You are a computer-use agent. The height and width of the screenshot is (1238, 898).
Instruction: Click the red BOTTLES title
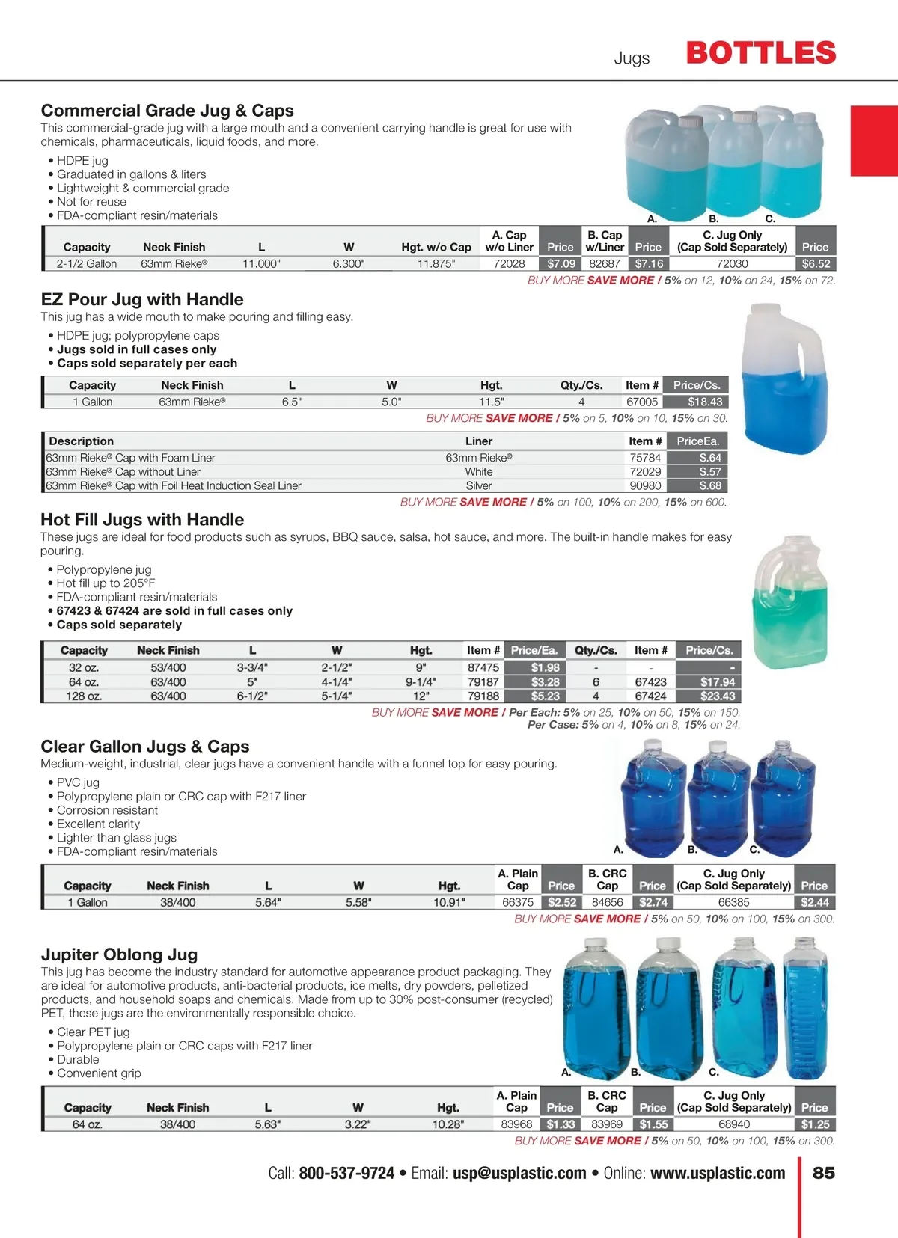(761, 53)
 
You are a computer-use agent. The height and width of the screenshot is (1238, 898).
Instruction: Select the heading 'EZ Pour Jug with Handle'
(142, 300)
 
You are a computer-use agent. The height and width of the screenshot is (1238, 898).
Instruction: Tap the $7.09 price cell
(561, 264)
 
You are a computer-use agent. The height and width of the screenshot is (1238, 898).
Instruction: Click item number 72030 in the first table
(732, 264)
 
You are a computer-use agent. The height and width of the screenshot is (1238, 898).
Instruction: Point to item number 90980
(645, 486)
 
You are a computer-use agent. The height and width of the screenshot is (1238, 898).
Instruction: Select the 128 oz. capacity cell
(84, 696)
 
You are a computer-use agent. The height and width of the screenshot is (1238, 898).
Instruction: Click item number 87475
(483, 668)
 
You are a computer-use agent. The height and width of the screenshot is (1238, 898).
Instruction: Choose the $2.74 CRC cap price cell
(653, 903)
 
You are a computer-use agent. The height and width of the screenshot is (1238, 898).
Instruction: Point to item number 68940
(733, 1124)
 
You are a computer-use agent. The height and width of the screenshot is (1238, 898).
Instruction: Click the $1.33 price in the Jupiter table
(561, 1124)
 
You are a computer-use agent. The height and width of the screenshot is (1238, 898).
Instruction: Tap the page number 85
(823, 1173)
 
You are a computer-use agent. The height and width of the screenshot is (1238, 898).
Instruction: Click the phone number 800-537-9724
(346, 1173)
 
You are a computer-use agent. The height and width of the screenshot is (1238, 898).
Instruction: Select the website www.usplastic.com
(718, 1173)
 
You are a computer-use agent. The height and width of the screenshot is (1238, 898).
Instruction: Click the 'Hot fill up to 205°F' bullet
(106, 583)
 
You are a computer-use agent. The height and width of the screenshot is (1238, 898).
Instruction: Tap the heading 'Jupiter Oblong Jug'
(119, 955)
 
